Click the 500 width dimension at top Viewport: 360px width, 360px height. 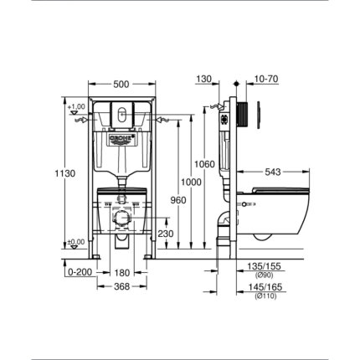(x=121, y=84)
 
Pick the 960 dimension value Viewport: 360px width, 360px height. (x=177, y=201)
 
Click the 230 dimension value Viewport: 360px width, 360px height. (x=166, y=234)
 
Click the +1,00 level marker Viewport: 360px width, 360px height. (x=76, y=106)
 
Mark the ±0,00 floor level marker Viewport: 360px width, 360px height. (x=76, y=242)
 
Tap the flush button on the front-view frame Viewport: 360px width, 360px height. (x=121, y=115)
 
